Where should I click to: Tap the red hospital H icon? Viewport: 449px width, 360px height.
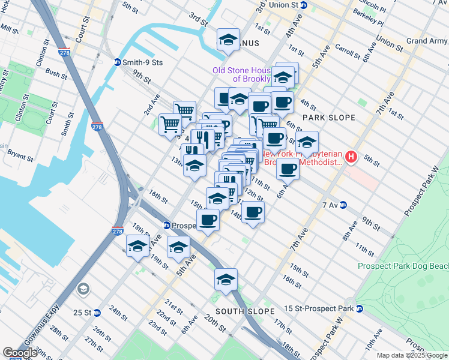pyautogui.click(x=352, y=158)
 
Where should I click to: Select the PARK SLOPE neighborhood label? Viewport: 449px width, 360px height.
pyautogui.click(x=329, y=118)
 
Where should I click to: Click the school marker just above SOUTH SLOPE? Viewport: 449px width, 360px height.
pyautogui.click(x=226, y=280)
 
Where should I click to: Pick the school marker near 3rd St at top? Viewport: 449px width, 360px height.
pyautogui.click(x=228, y=40)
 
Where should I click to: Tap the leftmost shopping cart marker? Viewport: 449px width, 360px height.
pyautogui.click(x=170, y=124)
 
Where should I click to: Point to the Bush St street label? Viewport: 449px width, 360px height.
pyautogui.click(x=56, y=74)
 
